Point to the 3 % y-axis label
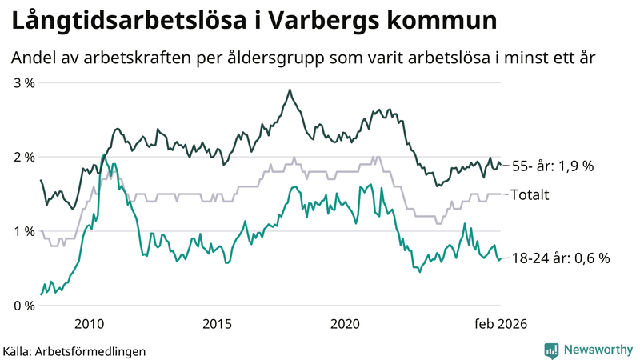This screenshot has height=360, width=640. pyautogui.click(x=23, y=82)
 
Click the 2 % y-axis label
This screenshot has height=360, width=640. pyautogui.click(x=23, y=157)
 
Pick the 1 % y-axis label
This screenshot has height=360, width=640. pyautogui.click(x=23, y=231)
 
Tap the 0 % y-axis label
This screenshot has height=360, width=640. pyautogui.click(x=23, y=306)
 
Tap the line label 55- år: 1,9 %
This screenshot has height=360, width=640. pyautogui.click(x=552, y=166)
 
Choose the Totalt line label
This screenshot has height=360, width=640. pyautogui.click(x=530, y=194)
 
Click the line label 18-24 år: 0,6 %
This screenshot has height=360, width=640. pyautogui.click(x=560, y=258)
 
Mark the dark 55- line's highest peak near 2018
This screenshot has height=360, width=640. pyautogui.click(x=290, y=90)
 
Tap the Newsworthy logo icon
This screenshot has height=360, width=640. pyautogui.click(x=551, y=350)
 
